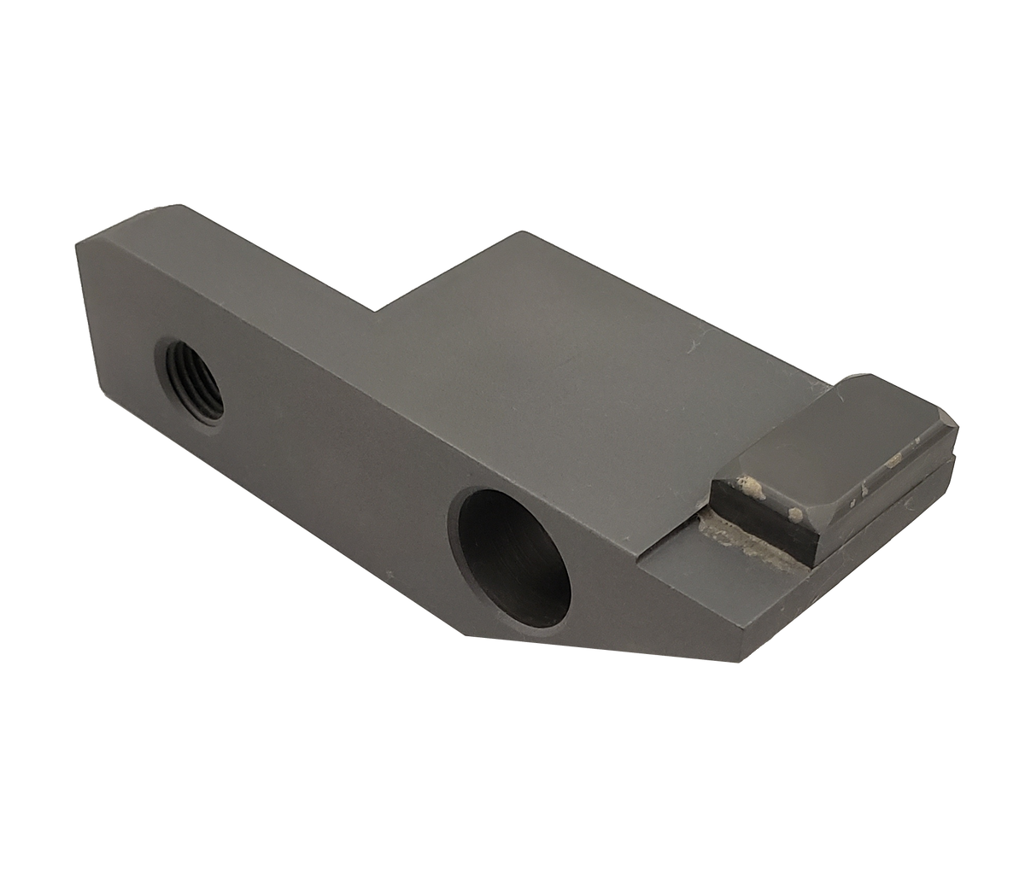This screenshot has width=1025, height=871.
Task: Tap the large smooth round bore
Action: (x=515, y=556)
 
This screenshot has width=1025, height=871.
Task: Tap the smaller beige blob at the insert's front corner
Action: (x=795, y=514)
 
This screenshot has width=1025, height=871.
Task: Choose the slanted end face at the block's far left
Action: (x=94, y=342)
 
